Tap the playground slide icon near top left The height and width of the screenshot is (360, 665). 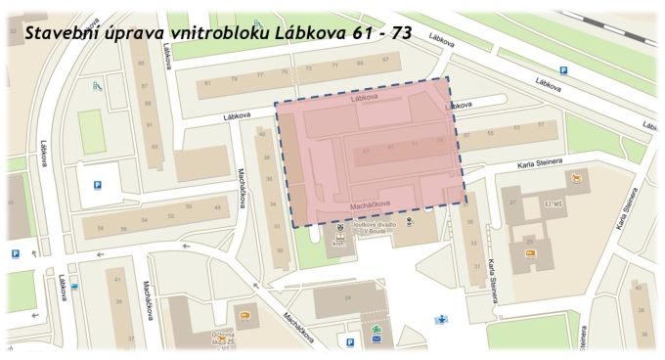pos(96,86)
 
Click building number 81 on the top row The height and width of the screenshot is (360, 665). pos(207,82)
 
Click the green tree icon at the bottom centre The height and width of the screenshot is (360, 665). pos(376,329)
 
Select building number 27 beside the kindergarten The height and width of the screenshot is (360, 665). pos(512,202)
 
